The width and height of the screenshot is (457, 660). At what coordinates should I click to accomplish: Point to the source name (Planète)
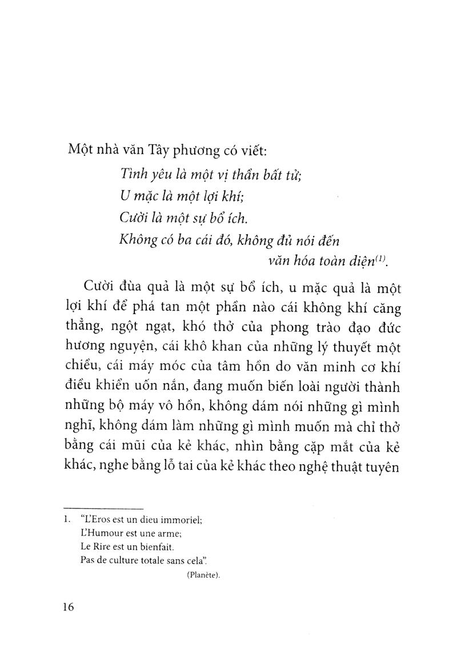click(204, 576)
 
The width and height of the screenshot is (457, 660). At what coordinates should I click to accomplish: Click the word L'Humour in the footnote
click(100, 533)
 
